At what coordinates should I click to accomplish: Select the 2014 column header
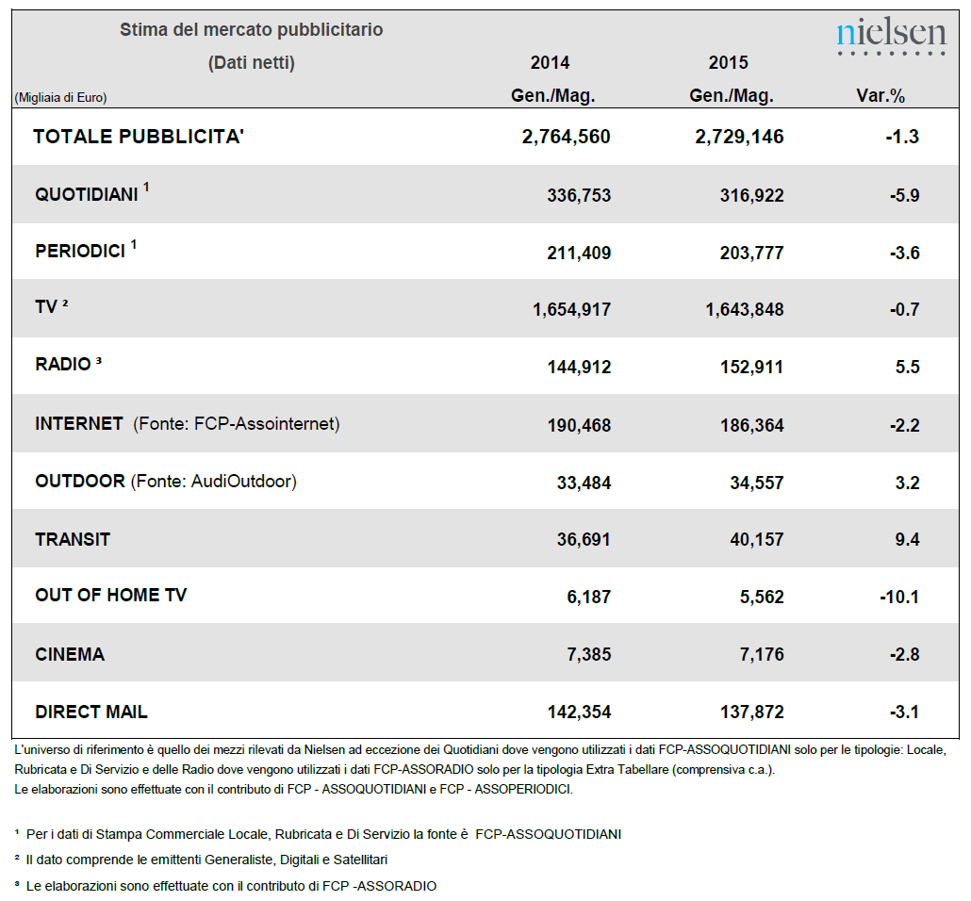point(550,62)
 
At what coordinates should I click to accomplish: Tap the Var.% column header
point(880,96)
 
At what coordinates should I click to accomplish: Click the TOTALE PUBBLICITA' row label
point(139,137)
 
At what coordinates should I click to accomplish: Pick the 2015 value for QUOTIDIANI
point(751,196)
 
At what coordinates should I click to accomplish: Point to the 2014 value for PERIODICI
point(579,253)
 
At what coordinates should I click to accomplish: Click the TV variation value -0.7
point(905,309)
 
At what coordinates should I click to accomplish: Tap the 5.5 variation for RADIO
point(907,367)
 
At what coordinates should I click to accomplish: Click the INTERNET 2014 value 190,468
point(579,425)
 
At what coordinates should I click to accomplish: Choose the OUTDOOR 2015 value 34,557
point(757,483)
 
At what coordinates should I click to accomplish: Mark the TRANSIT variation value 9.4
point(907,539)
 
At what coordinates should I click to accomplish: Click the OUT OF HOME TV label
point(111,595)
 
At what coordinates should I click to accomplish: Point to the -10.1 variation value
point(899,597)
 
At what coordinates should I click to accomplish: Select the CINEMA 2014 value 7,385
point(589,654)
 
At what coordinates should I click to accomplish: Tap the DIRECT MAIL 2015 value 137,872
point(751,713)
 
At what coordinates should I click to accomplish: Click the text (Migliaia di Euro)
point(60,97)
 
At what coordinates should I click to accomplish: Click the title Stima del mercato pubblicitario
point(252,30)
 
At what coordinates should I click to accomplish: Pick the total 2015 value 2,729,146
point(739,137)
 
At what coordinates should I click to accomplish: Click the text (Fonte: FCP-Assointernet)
point(237,424)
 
